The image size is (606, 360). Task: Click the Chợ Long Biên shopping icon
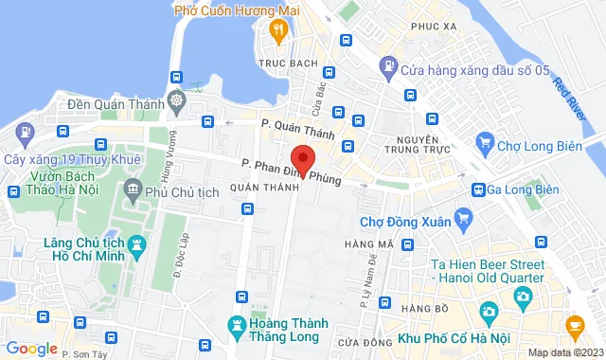pyautogui.click(x=487, y=143)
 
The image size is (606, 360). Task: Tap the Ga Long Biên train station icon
pyautogui.click(x=480, y=189)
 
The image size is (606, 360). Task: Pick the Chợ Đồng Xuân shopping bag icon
pyautogui.click(x=463, y=223)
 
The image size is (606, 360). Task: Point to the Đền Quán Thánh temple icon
pyautogui.click(x=176, y=99)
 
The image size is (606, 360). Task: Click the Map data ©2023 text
pyautogui.click(x=564, y=353)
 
